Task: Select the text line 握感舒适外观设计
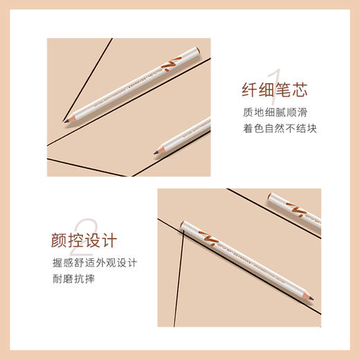pyautogui.click(x=94, y=262)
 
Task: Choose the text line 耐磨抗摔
pyautogui.click(x=71, y=278)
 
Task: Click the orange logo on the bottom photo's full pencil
pyautogui.click(x=206, y=236)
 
